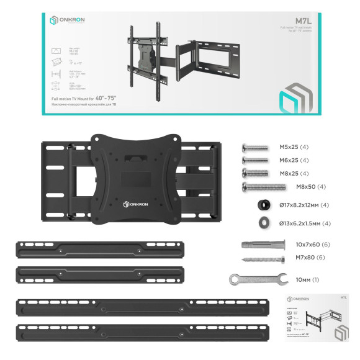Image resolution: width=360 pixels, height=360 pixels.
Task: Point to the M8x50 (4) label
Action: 311,186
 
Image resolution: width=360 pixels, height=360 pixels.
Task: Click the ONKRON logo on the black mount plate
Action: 132,203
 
